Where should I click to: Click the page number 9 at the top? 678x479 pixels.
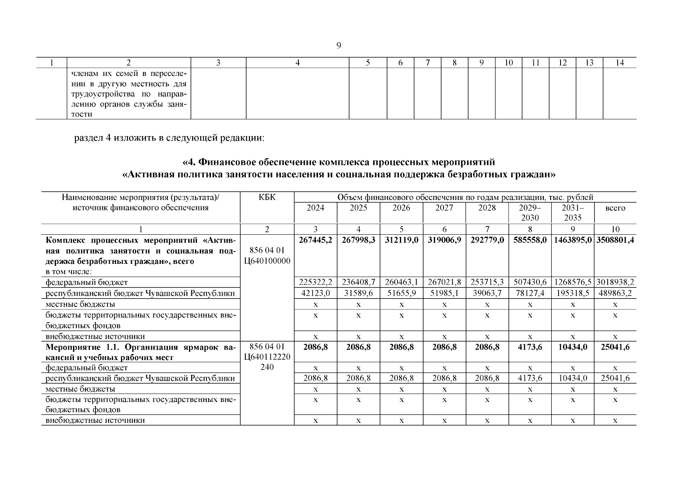pyautogui.click(x=338, y=46)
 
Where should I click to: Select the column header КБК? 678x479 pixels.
pyautogui.click(x=267, y=197)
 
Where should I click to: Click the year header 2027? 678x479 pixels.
pyautogui.click(x=444, y=208)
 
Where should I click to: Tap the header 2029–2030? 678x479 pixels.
pyautogui.click(x=530, y=213)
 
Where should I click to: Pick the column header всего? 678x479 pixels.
pyautogui.click(x=615, y=208)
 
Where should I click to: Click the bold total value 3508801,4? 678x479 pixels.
pyautogui.click(x=615, y=240)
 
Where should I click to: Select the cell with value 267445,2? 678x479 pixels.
pyautogui.click(x=315, y=240)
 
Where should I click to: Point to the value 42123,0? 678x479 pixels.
pyautogui.click(x=315, y=293)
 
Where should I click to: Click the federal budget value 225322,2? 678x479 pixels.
pyautogui.click(x=315, y=283)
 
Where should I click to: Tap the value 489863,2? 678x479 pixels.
pyautogui.click(x=615, y=293)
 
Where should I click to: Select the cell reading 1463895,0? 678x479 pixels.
pyautogui.click(x=573, y=240)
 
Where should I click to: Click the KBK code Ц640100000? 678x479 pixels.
pyautogui.click(x=267, y=261)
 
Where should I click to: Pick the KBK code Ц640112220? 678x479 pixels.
pyautogui.click(x=267, y=357)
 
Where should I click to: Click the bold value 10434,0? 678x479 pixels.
pyautogui.click(x=573, y=347)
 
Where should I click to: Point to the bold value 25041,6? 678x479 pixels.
pyautogui.click(x=615, y=347)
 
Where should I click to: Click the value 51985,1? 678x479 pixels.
pyautogui.click(x=444, y=293)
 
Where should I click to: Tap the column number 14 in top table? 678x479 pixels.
pyautogui.click(x=619, y=63)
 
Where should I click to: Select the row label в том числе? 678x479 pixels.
pyautogui.click(x=69, y=272)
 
